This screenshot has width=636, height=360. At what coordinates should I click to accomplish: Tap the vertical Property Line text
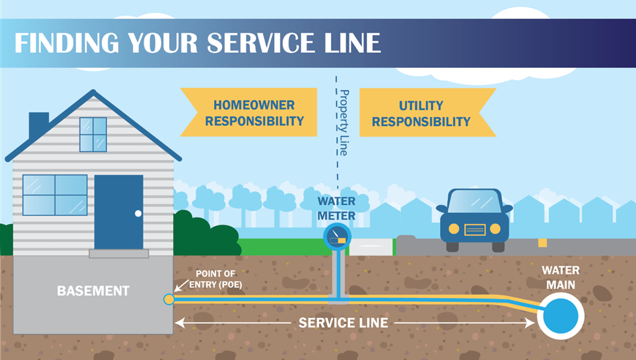pyautogui.click(x=344, y=123)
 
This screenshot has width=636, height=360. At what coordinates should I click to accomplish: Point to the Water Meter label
pyautogui.click(x=337, y=208)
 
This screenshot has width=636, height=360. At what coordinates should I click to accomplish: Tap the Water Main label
pyautogui.click(x=560, y=276)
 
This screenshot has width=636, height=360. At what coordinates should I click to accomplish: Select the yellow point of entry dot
pyautogui.click(x=168, y=299)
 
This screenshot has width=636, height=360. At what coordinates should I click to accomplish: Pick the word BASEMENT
pyautogui.click(x=93, y=291)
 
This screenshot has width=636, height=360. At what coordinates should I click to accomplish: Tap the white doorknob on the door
pyautogui.click(x=138, y=213)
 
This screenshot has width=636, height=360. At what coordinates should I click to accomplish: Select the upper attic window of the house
pyautogui.click(x=93, y=134)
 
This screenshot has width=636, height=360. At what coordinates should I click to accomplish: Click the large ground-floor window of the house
pyautogui.click(x=55, y=195)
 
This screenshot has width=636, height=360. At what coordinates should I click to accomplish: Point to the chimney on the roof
pyautogui.click(x=39, y=124)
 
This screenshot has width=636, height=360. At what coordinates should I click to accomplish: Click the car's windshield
pyautogui.click(x=475, y=201)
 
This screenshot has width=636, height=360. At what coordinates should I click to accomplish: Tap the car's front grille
pyautogui.click(x=475, y=229)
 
